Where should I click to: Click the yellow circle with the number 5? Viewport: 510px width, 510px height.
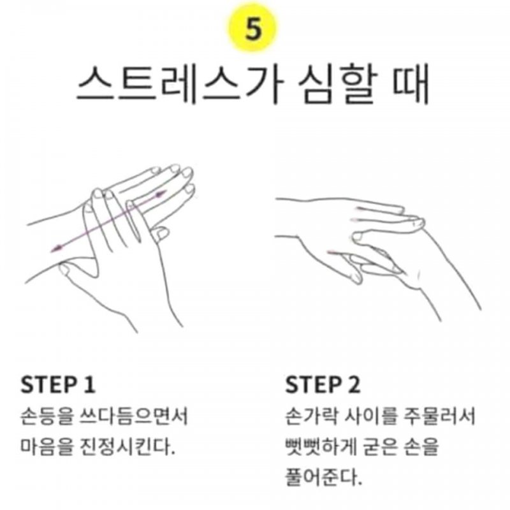coord(252,28)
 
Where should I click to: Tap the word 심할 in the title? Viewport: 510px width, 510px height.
coord(339,85)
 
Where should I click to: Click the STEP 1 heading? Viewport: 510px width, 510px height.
coord(58,385)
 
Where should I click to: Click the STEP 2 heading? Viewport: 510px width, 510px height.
coord(323,385)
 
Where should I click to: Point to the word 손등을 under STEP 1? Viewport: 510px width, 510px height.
coord(46,416)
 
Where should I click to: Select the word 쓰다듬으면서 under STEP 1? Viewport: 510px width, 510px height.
coord(134,416)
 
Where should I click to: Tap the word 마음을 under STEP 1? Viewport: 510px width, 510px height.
coord(46,446)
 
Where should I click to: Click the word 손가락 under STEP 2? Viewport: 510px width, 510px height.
coord(311,416)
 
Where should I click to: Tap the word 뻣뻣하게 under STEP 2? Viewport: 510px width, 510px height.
coord(321,446)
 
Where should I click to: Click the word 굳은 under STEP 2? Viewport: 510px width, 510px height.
coord(380,446)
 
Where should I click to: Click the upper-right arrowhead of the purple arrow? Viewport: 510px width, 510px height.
coord(161,194)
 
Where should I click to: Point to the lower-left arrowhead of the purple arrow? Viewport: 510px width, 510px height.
coord(57,249)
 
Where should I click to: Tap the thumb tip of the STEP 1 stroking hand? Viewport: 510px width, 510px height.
coord(64,268)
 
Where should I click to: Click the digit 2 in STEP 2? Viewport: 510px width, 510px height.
coord(354,385)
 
